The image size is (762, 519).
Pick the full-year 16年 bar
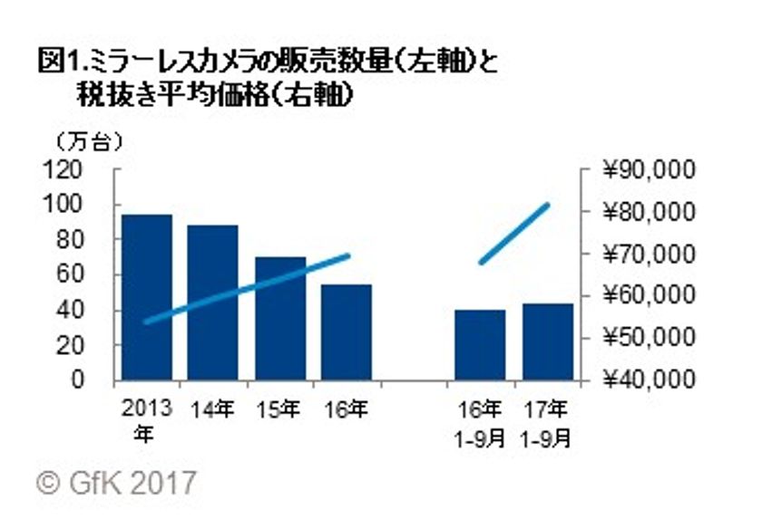346,332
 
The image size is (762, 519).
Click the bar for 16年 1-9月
480,345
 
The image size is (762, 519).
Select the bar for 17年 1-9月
547,341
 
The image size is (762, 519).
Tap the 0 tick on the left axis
100,380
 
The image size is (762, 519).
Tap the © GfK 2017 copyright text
116,481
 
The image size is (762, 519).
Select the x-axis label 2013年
144,419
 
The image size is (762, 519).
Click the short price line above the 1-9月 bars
514,233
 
